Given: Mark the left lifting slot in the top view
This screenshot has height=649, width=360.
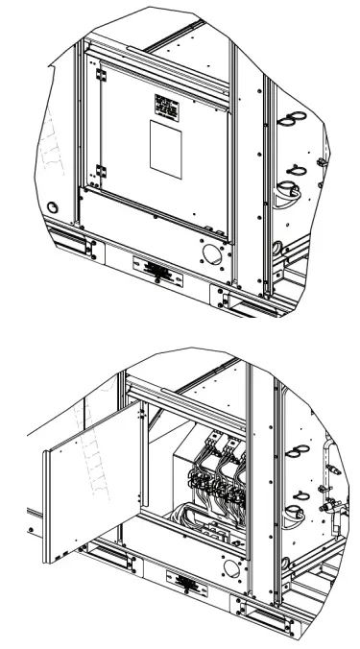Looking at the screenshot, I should [x=70, y=244].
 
